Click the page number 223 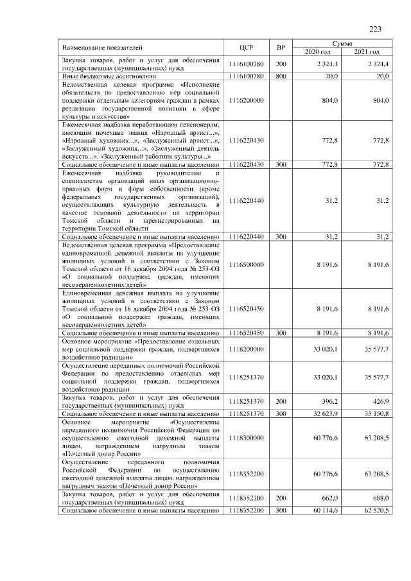(376, 28)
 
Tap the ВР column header (281, 48)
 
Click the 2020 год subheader (317, 51)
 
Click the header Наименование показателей (103, 48)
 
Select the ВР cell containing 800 (281, 76)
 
